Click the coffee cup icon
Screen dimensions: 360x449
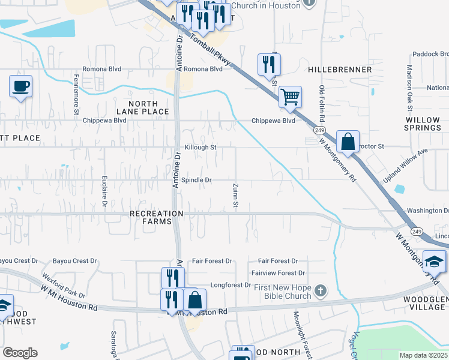21,86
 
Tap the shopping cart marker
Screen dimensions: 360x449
290,97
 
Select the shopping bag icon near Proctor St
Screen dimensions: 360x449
348,142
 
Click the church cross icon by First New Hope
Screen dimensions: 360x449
321,291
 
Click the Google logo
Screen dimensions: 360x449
20,353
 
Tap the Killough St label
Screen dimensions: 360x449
200,147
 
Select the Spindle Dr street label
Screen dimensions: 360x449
196,180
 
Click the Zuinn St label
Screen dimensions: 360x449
236,196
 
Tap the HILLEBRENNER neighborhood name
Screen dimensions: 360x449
340,70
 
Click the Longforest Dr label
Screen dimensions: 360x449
230,285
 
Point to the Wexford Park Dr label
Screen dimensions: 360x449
64,286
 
